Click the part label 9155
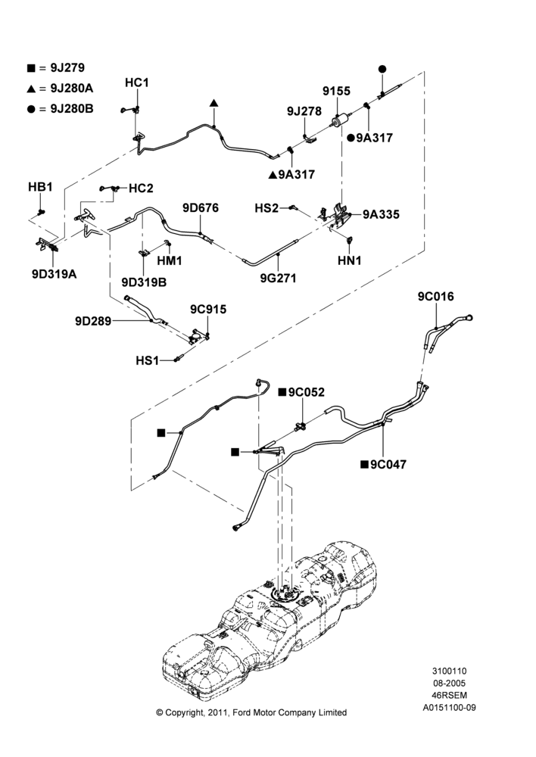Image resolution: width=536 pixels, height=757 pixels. (336, 91)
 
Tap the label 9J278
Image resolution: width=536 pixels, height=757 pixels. (304, 111)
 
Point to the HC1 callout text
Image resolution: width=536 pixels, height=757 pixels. (137, 83)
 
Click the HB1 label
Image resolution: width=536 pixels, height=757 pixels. (40, 187)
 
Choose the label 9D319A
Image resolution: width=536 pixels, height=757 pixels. (54, 274)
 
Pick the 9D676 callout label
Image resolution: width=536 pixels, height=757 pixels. (201, 207)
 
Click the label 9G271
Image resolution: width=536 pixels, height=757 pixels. (278, 278)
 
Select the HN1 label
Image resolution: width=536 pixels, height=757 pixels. (350, 260)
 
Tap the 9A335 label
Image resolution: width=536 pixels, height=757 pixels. (381, 214)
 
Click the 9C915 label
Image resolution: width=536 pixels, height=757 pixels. (208, 309)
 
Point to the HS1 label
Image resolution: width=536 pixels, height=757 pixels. (148, 360)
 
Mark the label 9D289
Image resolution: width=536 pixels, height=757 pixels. (93, 320)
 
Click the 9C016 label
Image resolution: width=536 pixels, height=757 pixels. (436, 296)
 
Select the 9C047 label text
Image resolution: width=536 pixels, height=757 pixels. (388, 464)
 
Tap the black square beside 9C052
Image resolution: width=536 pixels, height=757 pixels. (282, 392)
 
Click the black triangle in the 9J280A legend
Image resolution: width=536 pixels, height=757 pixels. (31, 89)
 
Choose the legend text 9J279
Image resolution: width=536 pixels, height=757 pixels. (67, 67)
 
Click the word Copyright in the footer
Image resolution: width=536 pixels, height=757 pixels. (185, 712)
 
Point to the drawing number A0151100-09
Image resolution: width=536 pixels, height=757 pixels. (450, 708)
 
